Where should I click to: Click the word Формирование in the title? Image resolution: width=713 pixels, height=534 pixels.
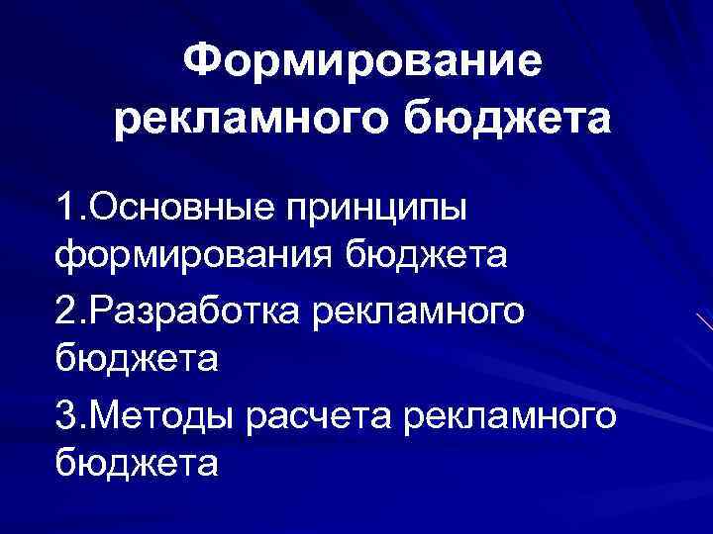pos(363,64)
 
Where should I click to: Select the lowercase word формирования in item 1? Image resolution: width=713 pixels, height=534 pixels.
pos(194,258)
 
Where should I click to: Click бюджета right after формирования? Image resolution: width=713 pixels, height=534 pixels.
pos(426,256)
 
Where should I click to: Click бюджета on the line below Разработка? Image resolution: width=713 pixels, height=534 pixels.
pos(137,359)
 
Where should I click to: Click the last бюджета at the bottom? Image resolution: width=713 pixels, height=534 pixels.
pos(137,462)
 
